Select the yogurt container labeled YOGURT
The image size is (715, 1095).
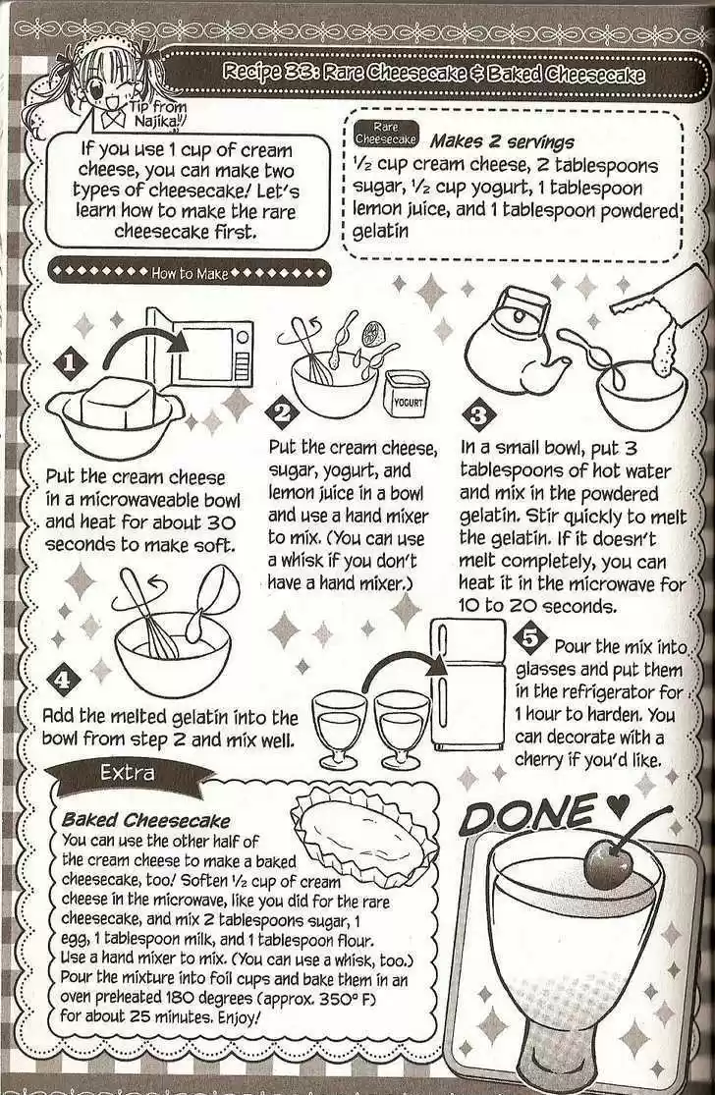pos(406,393)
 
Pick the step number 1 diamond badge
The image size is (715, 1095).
pos(70,363)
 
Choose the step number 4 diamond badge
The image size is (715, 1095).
pos(63,680)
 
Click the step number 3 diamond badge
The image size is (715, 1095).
pos(479,415)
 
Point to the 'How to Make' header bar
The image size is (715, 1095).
pos(190,273)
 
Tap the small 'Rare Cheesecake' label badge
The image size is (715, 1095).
pos(385,134)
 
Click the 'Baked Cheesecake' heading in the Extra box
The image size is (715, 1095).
pos(145,821)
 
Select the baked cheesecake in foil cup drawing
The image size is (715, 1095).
pos(364,828)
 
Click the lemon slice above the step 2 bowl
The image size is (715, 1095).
pos(373,332)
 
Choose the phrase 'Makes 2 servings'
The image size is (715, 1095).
pos(502,141)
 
